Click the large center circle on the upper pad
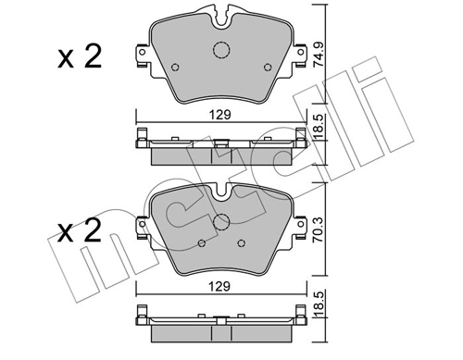click(x=220, y=52)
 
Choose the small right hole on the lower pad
click(x=241, y=243)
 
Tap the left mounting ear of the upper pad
click(x=142, y=58)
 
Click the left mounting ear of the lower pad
click(x=142, y=229)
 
